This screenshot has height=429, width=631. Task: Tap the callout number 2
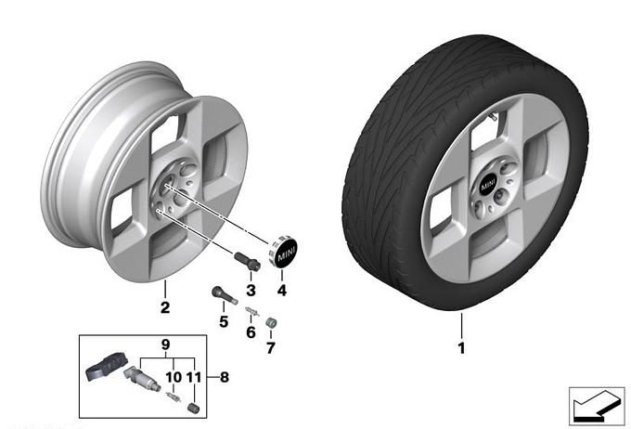(163, 306)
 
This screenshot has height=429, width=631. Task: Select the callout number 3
(250, 291)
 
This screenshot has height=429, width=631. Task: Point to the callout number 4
(282, 291)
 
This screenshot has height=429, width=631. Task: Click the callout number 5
(223, 321)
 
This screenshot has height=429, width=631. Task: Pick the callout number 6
(250, 332)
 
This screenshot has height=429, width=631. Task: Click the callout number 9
(167, 344)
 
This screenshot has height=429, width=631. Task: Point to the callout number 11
(194, 377)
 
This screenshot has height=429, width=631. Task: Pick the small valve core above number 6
(250, 311)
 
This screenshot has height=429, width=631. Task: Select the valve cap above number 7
(271, 323)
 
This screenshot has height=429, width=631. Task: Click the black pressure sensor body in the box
(103, 370)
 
